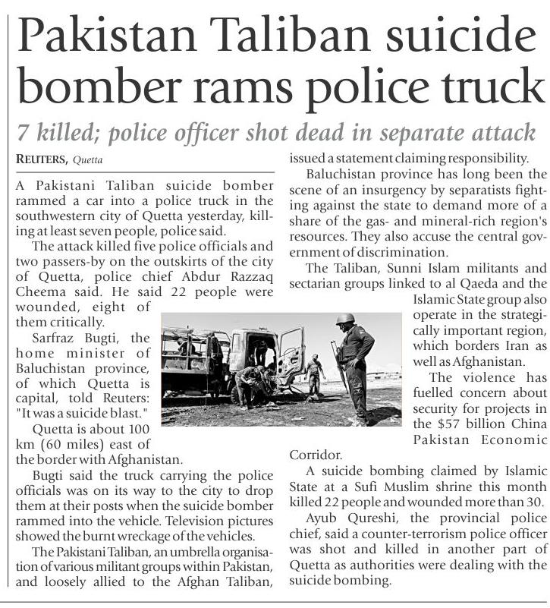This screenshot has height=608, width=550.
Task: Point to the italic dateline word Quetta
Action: (x=88, y=160)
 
